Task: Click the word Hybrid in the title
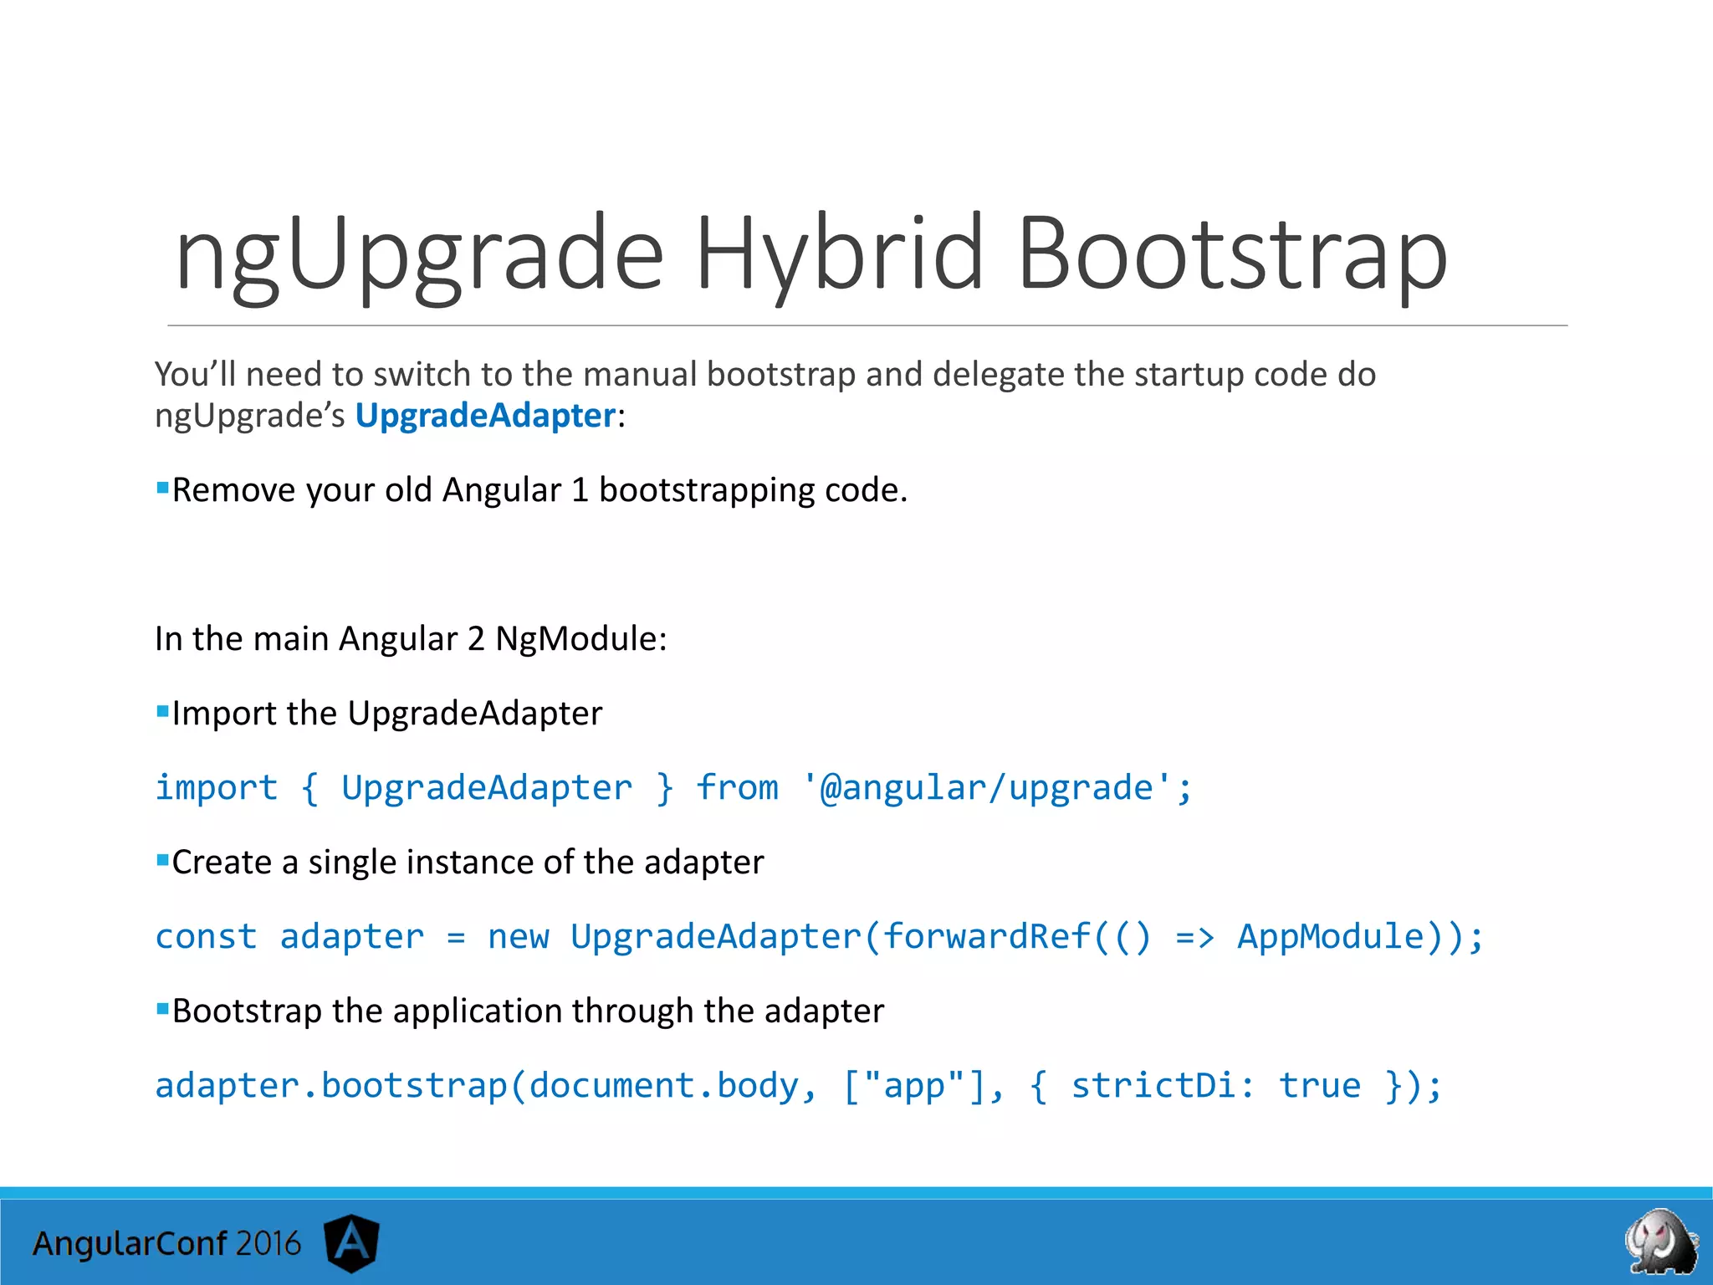839,253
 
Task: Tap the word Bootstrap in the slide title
1232,253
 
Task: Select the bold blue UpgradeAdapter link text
485,416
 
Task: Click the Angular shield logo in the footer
352,1242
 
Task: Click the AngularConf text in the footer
130,1244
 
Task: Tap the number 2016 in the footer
268,1244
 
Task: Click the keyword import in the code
217,788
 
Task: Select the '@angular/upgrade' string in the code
987,788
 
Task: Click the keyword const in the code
206,937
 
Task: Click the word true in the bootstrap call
1320,1086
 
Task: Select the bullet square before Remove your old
162,488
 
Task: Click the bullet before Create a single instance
162,860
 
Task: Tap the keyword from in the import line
737,788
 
